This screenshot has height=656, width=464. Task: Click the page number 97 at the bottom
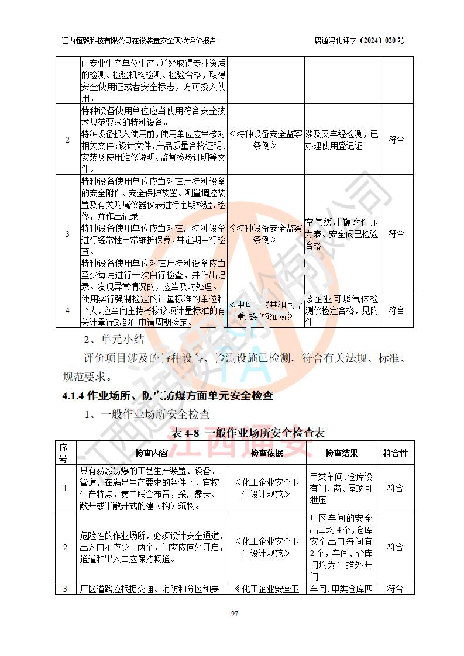(234, 613)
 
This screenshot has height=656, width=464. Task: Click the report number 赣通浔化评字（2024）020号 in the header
(359, 40)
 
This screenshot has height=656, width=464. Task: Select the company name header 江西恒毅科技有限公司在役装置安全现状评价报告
(139, 40)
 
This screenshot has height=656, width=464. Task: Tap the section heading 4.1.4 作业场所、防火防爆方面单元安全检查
(167, 396)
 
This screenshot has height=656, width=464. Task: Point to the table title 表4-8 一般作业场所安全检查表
(248, 433)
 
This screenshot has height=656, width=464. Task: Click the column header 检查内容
(152, 453)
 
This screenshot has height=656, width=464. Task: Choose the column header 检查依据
(266, 453)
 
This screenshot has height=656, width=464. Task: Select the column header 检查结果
(342, 453)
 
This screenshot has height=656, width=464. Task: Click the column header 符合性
(396, 453)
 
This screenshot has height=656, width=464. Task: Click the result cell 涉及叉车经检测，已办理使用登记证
(342, 140)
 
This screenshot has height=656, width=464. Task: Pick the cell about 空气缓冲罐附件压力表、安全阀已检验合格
(342, 234)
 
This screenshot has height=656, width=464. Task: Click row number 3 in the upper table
(67, 234)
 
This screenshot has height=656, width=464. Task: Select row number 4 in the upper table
(67, 310)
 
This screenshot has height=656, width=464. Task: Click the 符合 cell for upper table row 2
(396, 140)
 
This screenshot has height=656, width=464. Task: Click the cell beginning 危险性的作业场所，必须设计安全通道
(152, 547)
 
